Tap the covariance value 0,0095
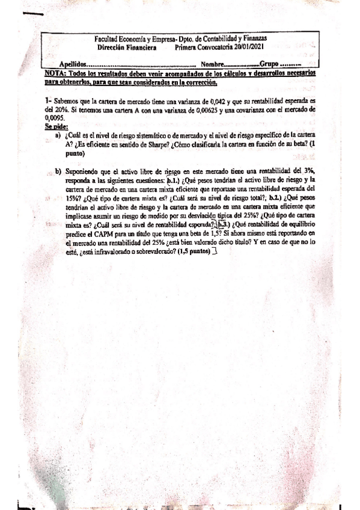(55, 119)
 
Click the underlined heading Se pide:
(56, 126)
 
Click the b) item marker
(58, 171)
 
